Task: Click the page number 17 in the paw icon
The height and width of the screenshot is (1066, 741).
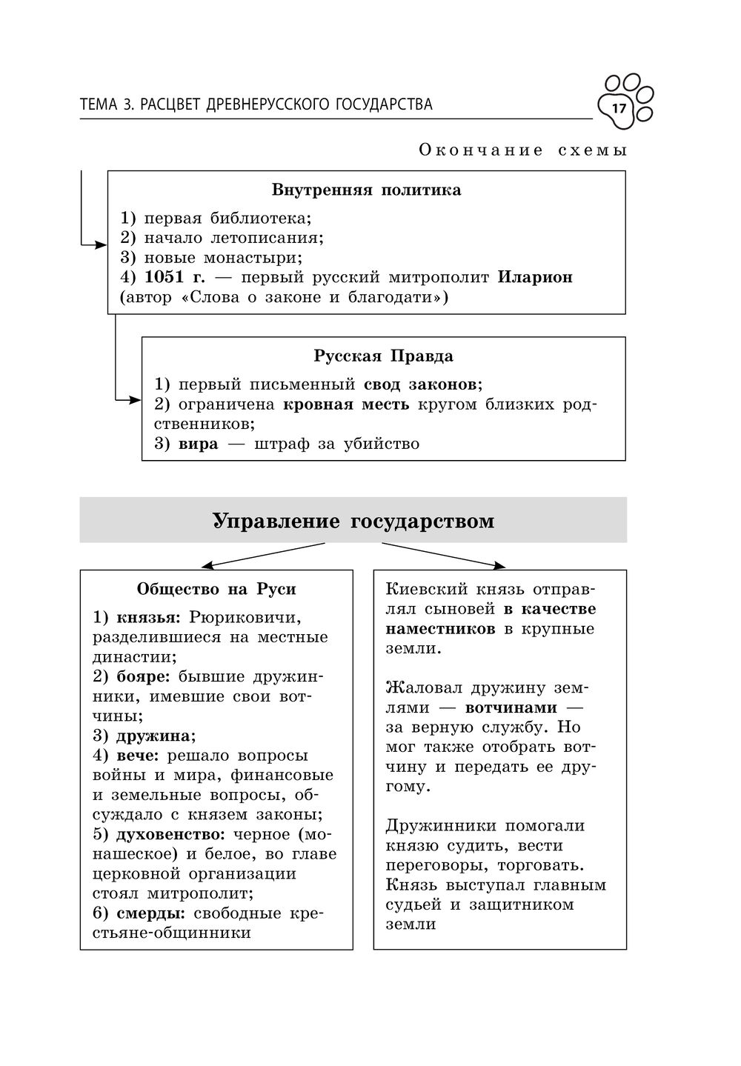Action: click(619, 110)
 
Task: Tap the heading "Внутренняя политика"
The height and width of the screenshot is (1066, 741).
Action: click(366, 190)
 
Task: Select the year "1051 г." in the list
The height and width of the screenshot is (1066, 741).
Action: click(174, 278)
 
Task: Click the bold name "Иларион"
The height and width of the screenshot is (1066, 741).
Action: click(535, 278)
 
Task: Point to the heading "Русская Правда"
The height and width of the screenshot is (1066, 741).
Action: click(383, 356)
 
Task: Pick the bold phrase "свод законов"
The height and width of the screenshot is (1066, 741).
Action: click(421, 385)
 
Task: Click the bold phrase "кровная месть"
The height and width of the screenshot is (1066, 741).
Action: click(346, 405)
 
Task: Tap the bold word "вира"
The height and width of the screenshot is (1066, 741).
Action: click(199, 444)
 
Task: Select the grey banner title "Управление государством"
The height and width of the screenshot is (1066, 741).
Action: click(353, 522)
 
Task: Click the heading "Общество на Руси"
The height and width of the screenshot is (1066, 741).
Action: click(216, 590)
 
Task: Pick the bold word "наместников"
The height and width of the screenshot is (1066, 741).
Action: click(441, 629)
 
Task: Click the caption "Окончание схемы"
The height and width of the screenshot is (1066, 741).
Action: click(523, 150)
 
